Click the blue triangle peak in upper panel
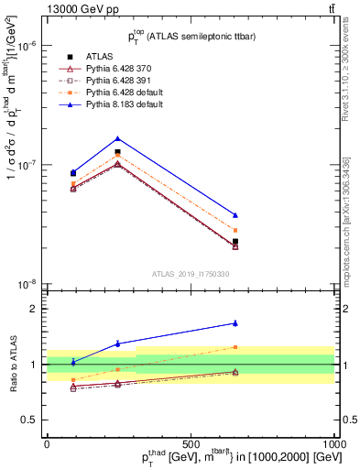pos(117,138)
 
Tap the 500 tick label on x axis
pos(191,442)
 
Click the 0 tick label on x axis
pos(47,442)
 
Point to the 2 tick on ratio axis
pos(35,309)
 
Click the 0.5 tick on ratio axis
pos(31,420)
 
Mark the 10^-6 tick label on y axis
pos(27,45)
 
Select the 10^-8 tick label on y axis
pos(27,284)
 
